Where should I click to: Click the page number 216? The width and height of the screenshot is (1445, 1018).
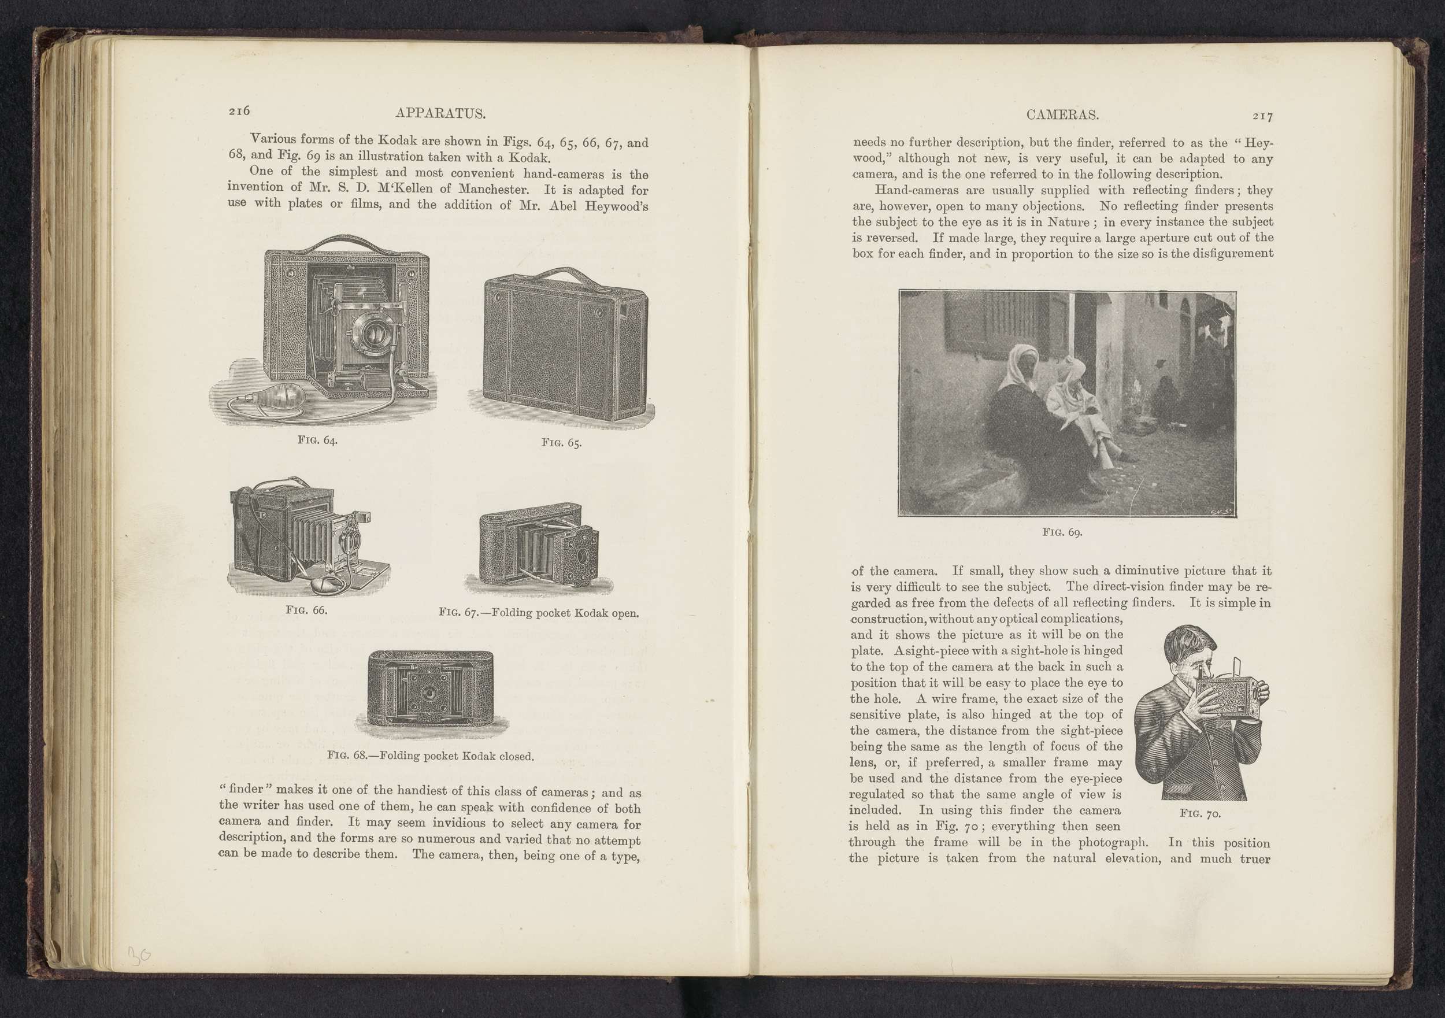click(x=239, y=111)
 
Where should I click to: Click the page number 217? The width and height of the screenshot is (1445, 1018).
click(x=1262, y=116)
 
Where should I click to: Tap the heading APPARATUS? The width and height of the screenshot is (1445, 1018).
click(x=440, y=114)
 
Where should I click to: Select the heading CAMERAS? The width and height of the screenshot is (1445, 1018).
click(x=1062, y=115)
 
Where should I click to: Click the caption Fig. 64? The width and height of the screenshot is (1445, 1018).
click(x=317, y=440)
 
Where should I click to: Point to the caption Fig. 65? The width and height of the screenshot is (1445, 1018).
click(x=561, y=443)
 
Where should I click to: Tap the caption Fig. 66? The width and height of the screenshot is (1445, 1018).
click(x=306, y=610)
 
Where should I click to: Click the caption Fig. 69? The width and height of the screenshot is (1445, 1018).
click(x=1062, y=532)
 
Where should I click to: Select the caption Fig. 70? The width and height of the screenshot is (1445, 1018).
click(x=1200, y=814)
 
